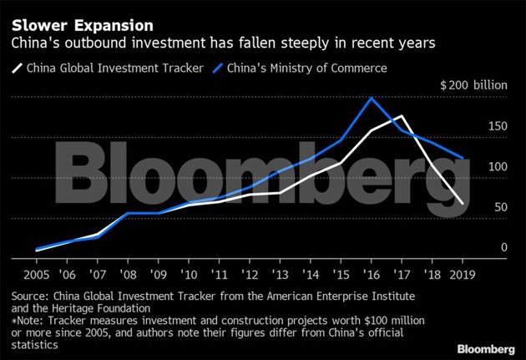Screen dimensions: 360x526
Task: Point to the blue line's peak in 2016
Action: (x=371, y=99)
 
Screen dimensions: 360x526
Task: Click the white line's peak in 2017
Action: (x=402, y=116)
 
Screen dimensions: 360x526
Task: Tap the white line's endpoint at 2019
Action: (x=464, y=203)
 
